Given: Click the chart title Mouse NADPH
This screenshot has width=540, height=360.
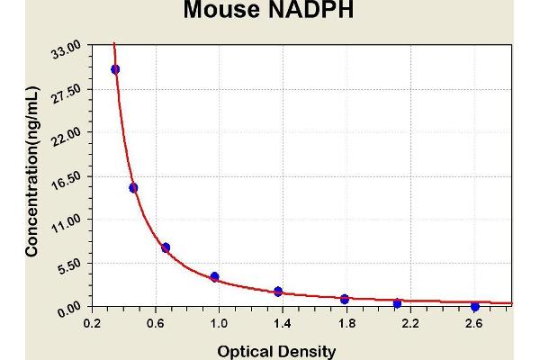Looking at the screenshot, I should click(269, 11).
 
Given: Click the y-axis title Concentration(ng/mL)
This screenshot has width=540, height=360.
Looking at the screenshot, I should click(32, 171).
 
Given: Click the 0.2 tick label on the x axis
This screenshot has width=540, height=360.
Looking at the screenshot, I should click(92, 323).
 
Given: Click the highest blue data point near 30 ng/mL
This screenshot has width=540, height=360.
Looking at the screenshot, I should click(115, 69).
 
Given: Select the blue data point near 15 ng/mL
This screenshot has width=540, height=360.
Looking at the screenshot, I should click(133, 188).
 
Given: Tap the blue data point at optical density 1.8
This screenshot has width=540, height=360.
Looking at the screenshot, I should click(345, 299).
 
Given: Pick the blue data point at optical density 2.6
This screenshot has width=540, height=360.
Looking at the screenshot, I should click(474, 307).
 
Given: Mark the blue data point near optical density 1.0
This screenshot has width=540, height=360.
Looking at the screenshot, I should click(214, 276).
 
